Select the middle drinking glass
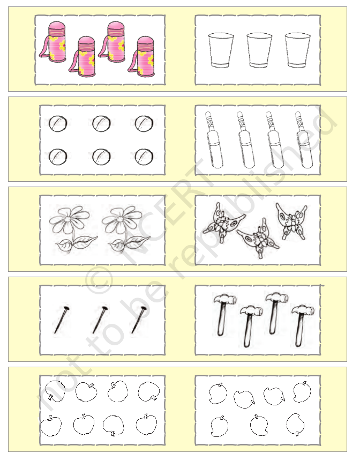(x=259, y=50)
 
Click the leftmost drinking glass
(x=221, y=50)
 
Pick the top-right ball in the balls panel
(x=144, y=123)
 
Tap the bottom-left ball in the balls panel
(x=58, y=157)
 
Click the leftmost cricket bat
(x=214, y=139)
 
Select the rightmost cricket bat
(x=304, y=139)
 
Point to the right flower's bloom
(x=121, y=219)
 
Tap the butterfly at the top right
(x=291, y=221)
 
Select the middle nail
(x=100, y=320)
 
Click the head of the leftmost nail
(x=66, y=308)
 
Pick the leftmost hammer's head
(x=224, y=300)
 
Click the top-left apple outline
(x=55, y=391)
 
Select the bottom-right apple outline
(x=146, y=424)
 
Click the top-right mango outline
(x=302, y=392)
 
